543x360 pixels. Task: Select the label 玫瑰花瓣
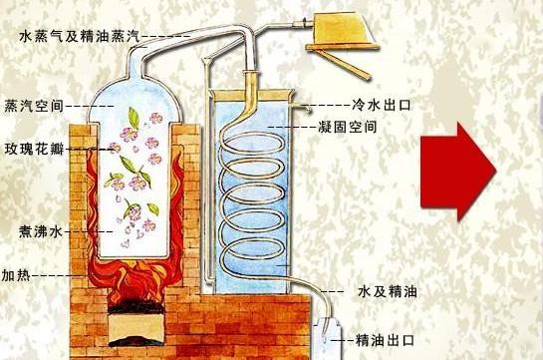(34, 150)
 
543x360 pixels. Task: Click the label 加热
(15, 273)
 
